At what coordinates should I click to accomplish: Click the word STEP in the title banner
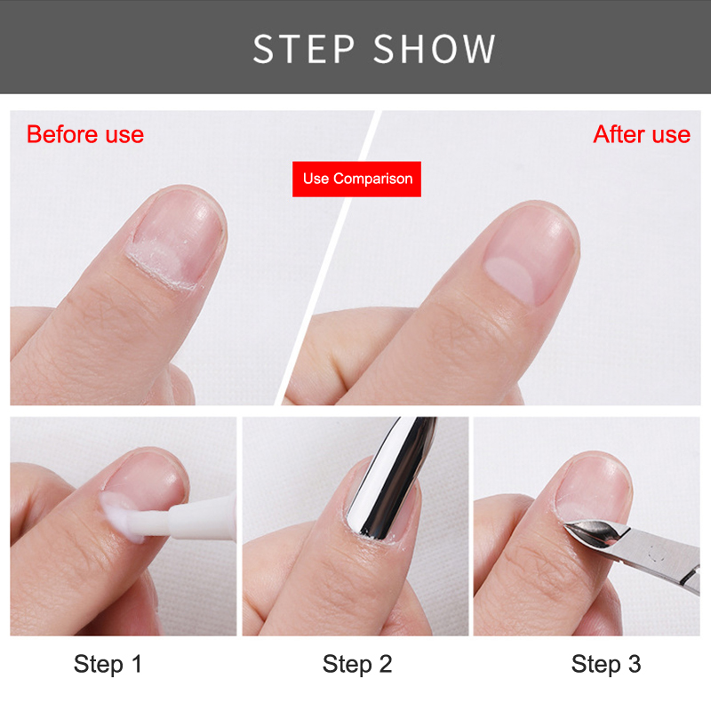coord(304,49)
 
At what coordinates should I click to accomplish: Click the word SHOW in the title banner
coord(435,49)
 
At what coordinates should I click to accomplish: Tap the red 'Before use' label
coord(85,134)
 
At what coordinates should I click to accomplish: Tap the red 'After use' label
coord(642,134)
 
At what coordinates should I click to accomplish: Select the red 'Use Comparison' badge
coord(357,180)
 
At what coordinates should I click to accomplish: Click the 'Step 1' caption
coord(108,664)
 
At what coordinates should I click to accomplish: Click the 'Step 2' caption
coord(357,664)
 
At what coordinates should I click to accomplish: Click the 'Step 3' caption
coord(606,664)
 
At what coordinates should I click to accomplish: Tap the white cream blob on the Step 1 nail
coord(120,515)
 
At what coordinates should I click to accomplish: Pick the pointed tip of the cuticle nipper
coord(565,525)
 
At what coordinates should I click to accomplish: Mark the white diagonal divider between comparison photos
coord(327,258)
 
